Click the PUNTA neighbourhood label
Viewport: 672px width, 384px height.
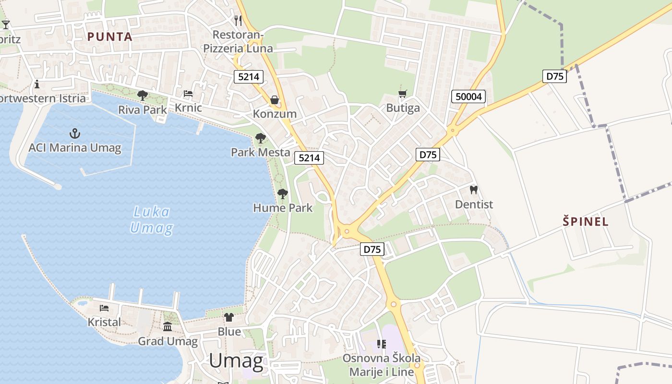click(109, 37)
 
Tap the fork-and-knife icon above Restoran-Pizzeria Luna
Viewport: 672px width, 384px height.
click(238, 20)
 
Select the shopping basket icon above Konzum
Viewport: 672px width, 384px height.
click(275, 100)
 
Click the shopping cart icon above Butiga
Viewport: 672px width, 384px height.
click(403, 94)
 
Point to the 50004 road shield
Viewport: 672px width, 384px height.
click(468, 96)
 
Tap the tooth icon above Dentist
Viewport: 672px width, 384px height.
click(474, 190)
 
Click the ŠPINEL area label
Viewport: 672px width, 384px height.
click(586, 222)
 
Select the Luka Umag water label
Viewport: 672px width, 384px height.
click(151, 220)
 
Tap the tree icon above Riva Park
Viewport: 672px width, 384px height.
click(142, 95)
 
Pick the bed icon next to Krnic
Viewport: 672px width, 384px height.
click(188, 93)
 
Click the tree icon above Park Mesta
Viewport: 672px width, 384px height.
click(260, 138)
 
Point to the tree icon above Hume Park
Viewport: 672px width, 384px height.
click(283, 194)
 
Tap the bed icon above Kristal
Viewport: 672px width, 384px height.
click(104, 308)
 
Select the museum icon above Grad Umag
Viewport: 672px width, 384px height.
click(168, 327)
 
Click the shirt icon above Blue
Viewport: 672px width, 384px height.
click(229, 317)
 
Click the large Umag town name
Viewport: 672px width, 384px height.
click(236, 361)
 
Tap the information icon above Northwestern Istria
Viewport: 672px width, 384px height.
click(37, 84)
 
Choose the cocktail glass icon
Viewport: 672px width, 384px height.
click(6, 24)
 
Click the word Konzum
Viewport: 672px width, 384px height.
click(275, 114)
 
